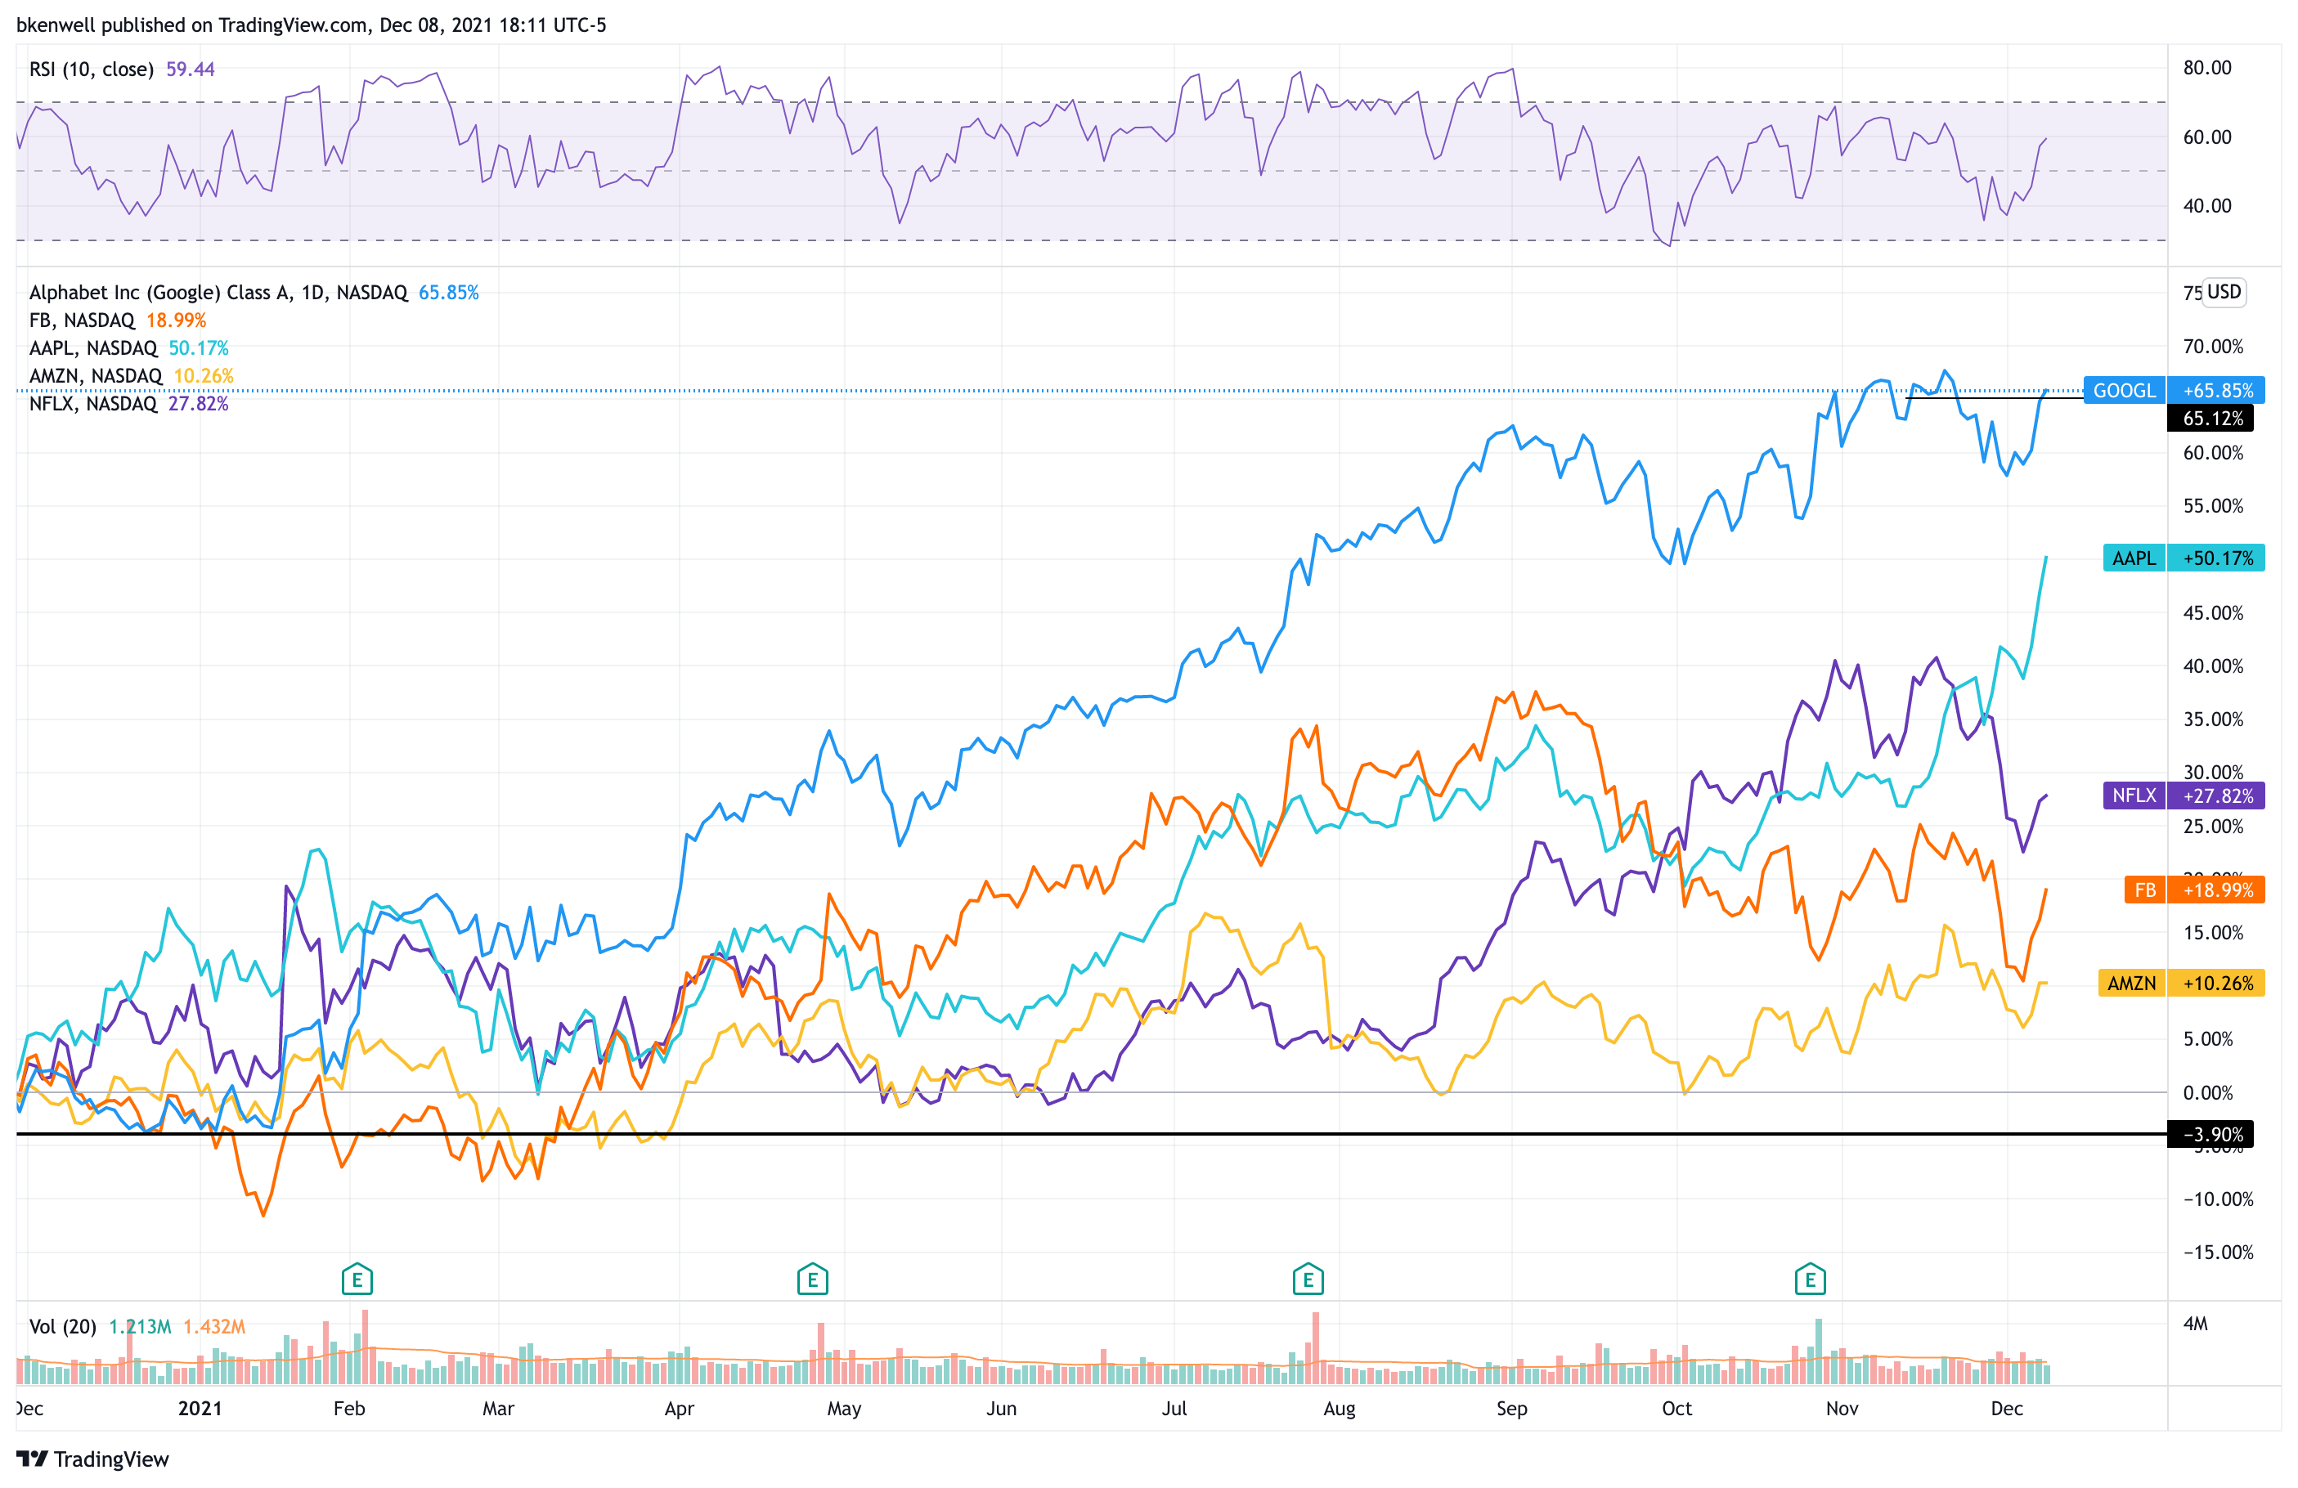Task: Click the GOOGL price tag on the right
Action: coord(2173,390)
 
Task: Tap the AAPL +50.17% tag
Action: coord(2182,558)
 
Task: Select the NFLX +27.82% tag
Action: coord(2182,796)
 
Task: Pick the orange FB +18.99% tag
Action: coord(2193,890)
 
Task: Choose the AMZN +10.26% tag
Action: coord(2180,983)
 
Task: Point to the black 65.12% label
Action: coord(2212,418)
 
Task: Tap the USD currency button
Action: coord(2223,292)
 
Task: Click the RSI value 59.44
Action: coord(191,69)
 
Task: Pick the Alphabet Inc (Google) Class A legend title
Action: coord(218,293)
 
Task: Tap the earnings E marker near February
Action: coord(357,1280)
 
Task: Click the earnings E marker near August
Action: coord(1308,1280)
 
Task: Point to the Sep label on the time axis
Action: coord(1511,1408)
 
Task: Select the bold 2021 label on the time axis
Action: coord(200,1408)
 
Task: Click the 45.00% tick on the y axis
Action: coord(2212,613)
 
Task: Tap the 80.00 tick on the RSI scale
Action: coord(2206,68)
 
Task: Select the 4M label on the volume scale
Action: coord(2195,1324)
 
